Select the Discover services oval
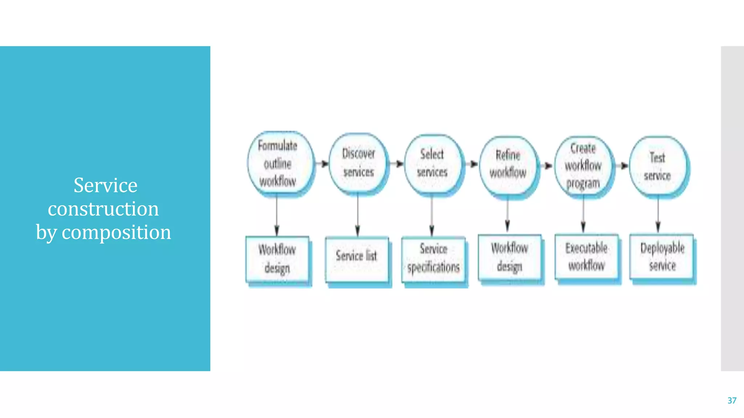(x=358, y=163)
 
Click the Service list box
(x=357, y=259)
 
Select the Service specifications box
(x=433, y=259)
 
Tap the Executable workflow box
(x=586, y=257)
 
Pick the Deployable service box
(x=662, y=257)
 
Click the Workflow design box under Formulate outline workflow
(x=277, y=259)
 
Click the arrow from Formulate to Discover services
(x=322, y=164)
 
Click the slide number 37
(x=732, y=401)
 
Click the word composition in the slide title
(x=116, y=232)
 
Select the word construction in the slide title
(x=104, y=209)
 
